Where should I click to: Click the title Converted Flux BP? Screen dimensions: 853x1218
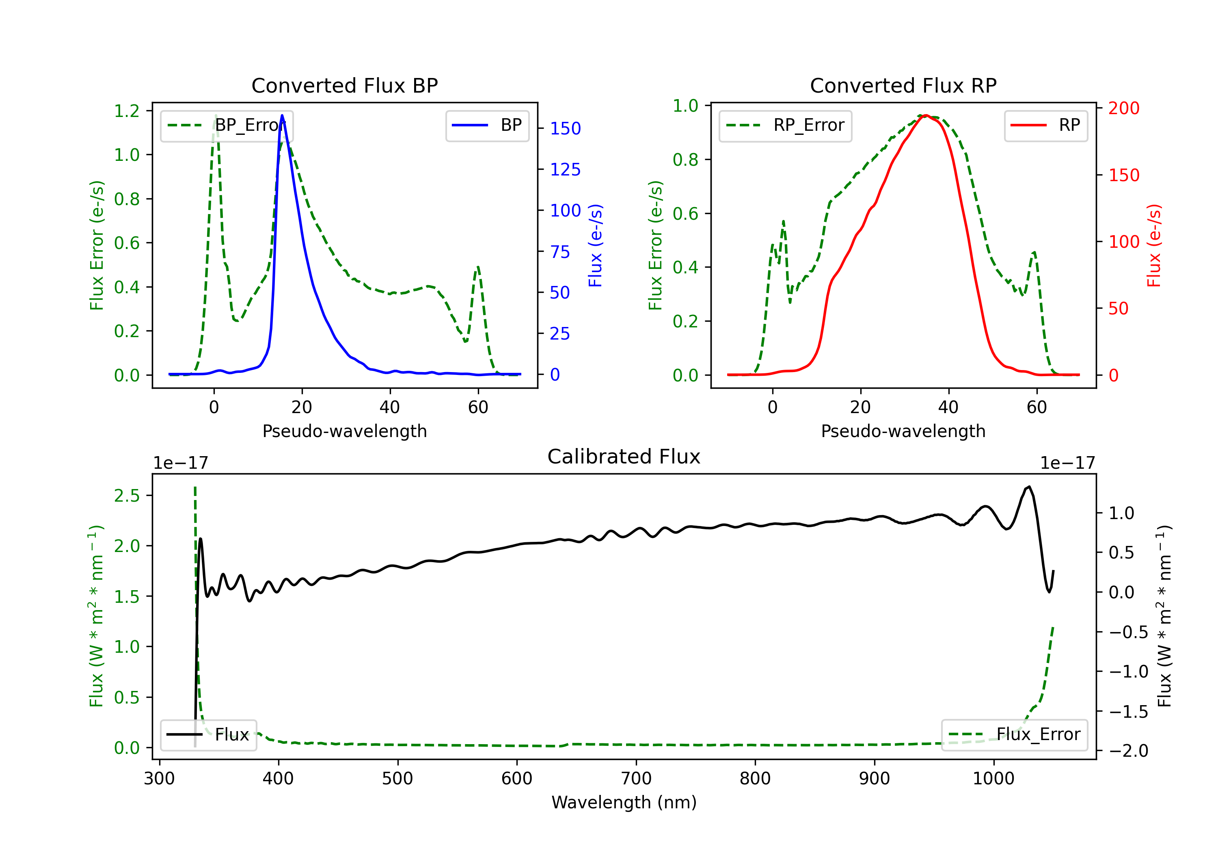344,85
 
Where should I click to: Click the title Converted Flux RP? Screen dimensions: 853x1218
903,85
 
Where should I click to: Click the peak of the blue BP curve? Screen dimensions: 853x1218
282,115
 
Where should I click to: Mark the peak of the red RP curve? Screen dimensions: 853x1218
925,115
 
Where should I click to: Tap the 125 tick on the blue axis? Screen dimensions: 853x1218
565,169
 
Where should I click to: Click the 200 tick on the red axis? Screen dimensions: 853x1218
1123,108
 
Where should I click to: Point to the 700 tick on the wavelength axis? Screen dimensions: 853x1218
636,778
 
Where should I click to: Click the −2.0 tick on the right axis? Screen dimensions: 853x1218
1128,751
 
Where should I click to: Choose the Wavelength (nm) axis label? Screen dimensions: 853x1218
624,802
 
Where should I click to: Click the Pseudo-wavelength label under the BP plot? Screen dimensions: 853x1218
344,431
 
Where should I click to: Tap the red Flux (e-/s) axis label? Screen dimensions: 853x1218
1154,245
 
